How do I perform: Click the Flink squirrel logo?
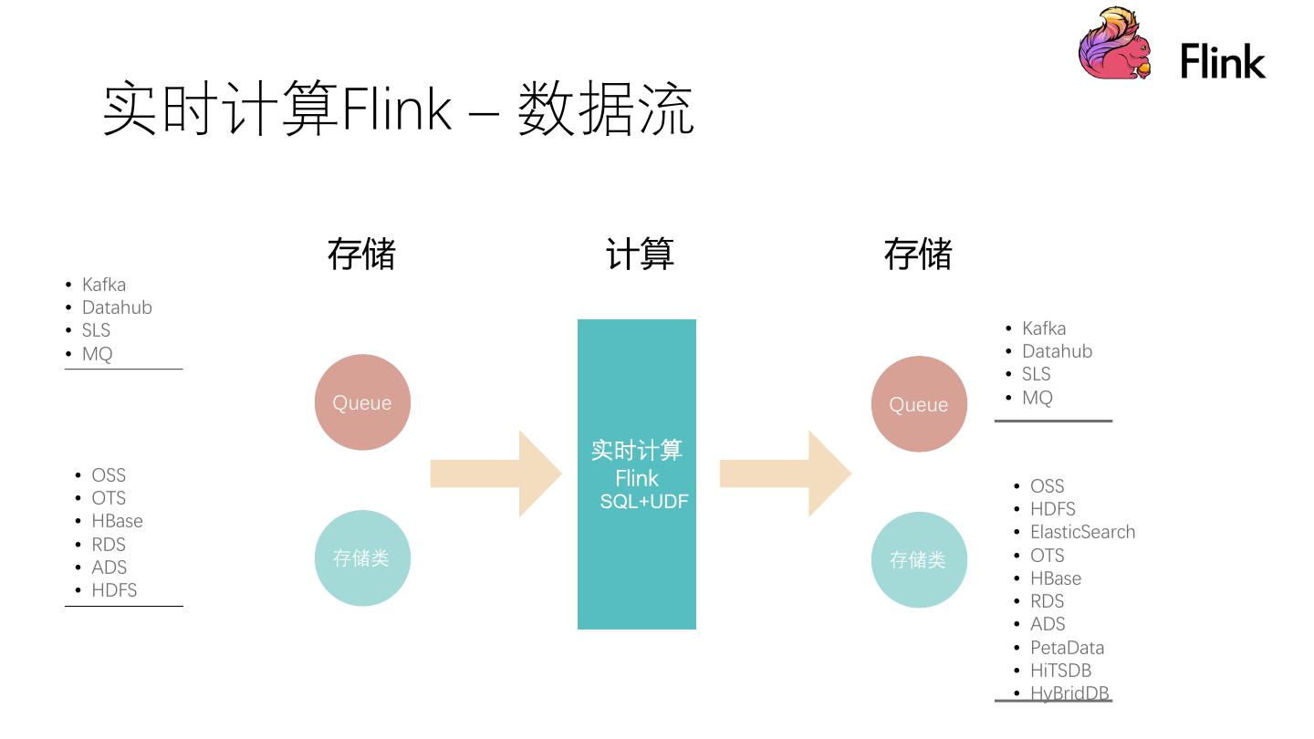[1114, 44]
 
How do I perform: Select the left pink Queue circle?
[362, 402]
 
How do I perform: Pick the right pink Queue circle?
[919, 404]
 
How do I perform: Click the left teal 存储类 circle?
[362, 557]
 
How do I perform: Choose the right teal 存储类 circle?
[919, 559]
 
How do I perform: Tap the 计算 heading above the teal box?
[640, 254]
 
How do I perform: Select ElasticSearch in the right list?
[1082, 532]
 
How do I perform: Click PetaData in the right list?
[1067, 648]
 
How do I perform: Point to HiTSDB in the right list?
[1060, 671]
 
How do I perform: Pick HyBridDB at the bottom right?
[1069, 693]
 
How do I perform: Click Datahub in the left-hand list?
[117, 307]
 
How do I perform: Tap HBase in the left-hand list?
[117, 521]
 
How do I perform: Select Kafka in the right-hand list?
[1044, 328]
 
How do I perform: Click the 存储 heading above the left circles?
[361, 254]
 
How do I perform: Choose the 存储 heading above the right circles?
[918, 254]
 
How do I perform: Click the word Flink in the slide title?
[396, 109]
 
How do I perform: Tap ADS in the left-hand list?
[109, 567]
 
